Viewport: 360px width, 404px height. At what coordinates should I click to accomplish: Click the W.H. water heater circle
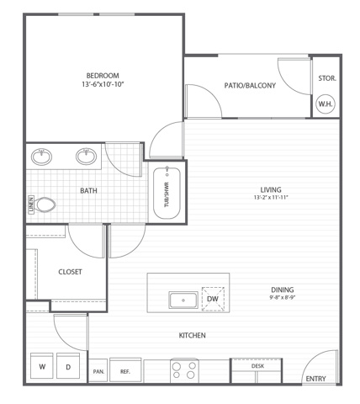click(326, 104)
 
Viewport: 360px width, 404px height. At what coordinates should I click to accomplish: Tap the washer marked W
click(42, 366)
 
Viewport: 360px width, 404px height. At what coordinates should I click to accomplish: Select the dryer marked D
click(68, 366)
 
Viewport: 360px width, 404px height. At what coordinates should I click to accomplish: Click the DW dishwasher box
click(213, 299)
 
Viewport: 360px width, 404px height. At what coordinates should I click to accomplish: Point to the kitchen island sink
click(183, 300)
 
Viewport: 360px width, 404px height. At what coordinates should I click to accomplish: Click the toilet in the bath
click(45, 205)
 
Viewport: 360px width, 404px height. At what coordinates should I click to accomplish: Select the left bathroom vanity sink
click(41, 157)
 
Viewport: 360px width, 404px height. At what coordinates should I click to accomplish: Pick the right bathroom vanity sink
click(87, 157)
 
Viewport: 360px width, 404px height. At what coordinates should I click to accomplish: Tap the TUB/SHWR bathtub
click(167, 193)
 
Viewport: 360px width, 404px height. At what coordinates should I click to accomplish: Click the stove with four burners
click(184, 370)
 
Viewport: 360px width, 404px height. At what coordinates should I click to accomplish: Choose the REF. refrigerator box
click(125, 369)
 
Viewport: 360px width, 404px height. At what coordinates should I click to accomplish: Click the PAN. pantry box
click(98, 370)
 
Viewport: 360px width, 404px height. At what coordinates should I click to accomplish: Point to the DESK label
click(257, 366)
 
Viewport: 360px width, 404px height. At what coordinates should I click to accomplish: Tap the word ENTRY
click(315, 379)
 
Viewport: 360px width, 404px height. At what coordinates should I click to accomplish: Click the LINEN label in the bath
click(31, 205)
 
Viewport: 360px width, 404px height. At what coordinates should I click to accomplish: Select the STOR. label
click(327, 78)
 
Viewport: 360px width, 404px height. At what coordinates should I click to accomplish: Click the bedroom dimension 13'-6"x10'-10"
click(103, 84)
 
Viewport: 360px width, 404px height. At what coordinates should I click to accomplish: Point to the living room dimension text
click(271, 197)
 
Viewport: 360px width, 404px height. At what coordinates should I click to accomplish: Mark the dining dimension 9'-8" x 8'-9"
click(283, 297)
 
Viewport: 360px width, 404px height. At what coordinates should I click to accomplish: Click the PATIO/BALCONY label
click(250, 85)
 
